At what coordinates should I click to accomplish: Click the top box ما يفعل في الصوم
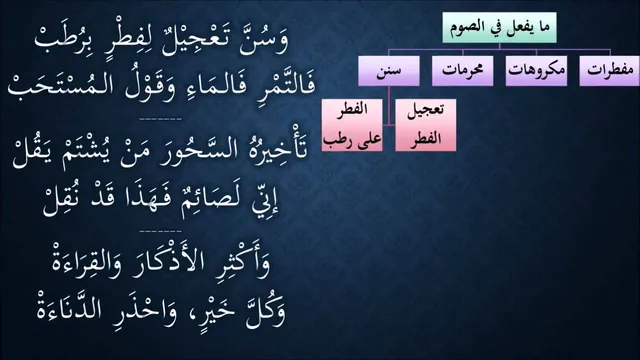coord(499,28)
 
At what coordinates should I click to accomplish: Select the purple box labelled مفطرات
coord(610,71)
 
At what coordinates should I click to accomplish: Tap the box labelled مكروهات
coord(536,71)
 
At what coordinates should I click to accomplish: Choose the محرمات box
coord(462,71)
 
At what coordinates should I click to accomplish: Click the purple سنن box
coord(389,71)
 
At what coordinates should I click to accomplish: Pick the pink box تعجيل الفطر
coord(426,125)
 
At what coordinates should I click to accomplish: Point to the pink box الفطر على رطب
coord(352,125)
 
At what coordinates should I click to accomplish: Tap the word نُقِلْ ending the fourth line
coord(60,203)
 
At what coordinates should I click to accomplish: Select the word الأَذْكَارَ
coord(168,261)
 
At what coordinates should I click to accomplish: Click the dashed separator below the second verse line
coord(160,119)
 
